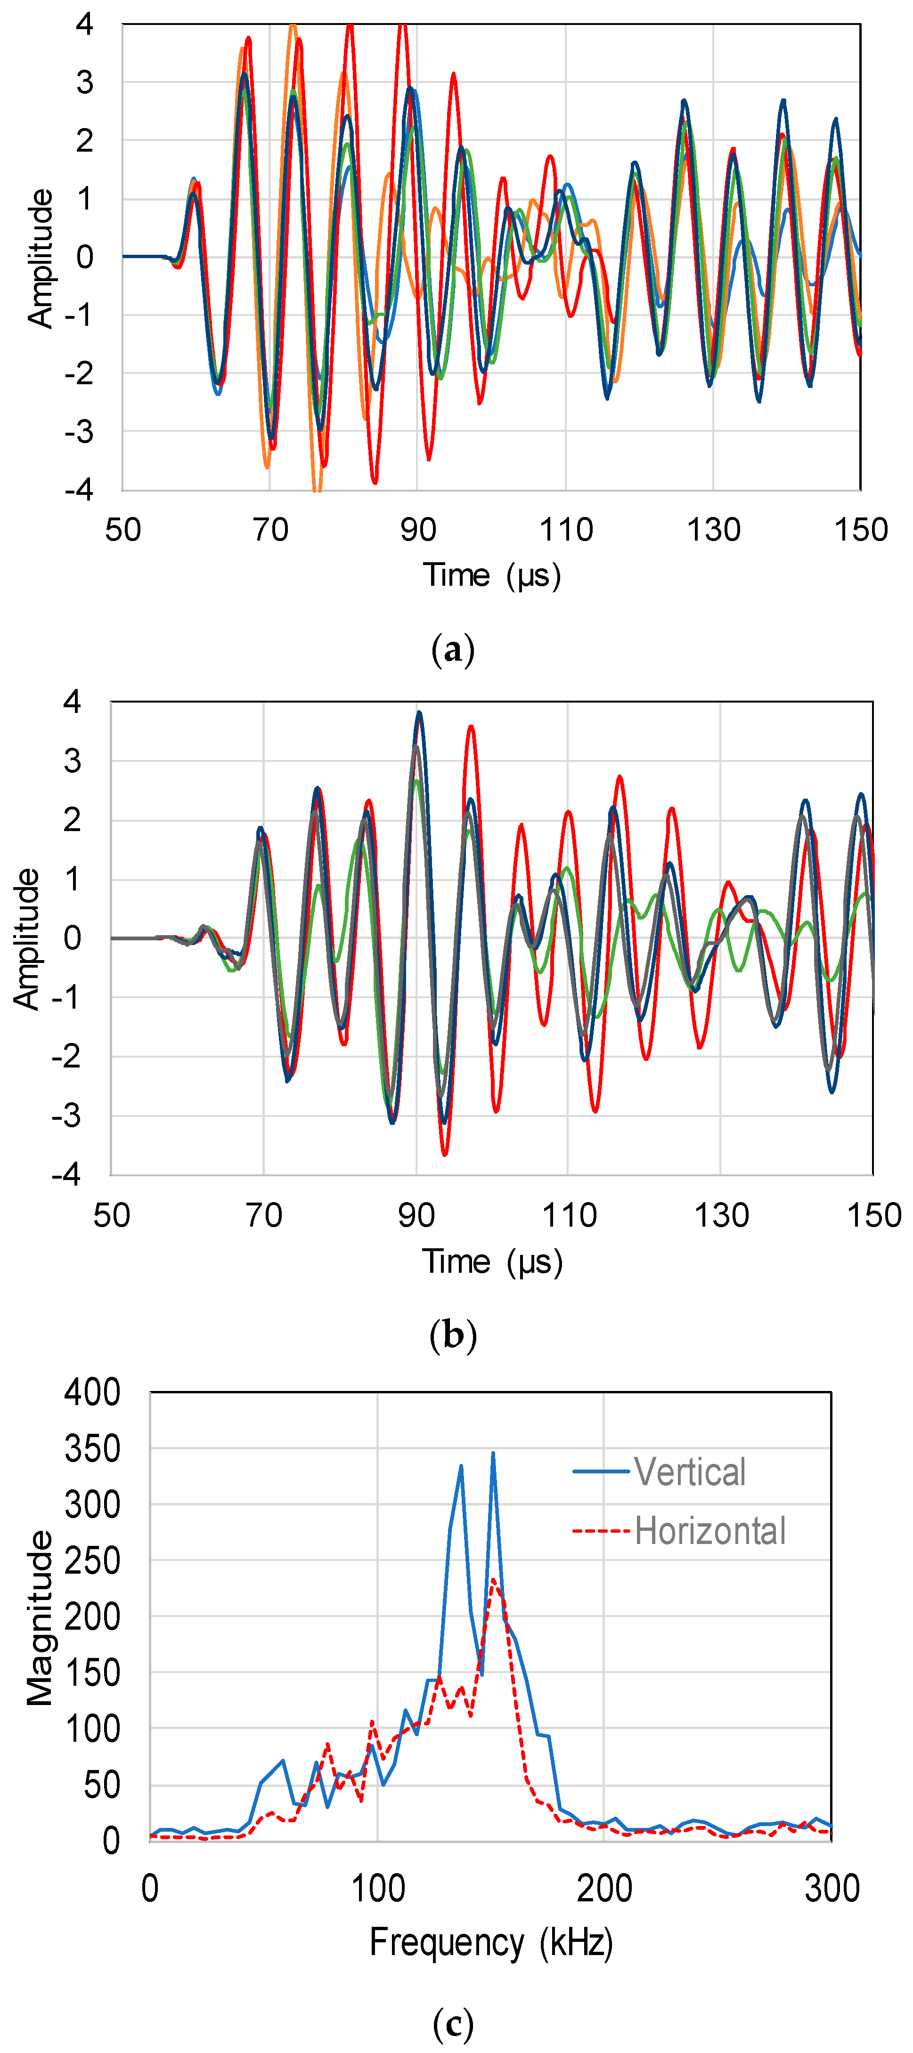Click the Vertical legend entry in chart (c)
coord(689,1472)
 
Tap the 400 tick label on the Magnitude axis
coord(92,1392)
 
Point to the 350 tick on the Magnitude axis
coord(92,1449)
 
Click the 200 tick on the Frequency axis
coord(603,1888)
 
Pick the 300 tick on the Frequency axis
coord(831,1888)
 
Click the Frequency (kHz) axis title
coord(490,1942)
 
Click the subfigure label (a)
coord(452,650)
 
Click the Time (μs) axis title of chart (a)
coord(491,574)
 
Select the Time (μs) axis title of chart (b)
coord(491,1261)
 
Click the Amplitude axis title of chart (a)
coord(40,258)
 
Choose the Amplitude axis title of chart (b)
coord(26,939)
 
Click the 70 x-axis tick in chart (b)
coord(264,1215)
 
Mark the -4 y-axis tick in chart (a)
coord(80,489)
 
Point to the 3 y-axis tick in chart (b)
coord(73,761)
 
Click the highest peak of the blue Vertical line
coord(493,1454)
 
